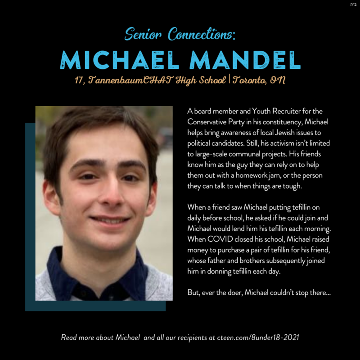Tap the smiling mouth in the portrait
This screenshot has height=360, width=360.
tap(108, 220)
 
